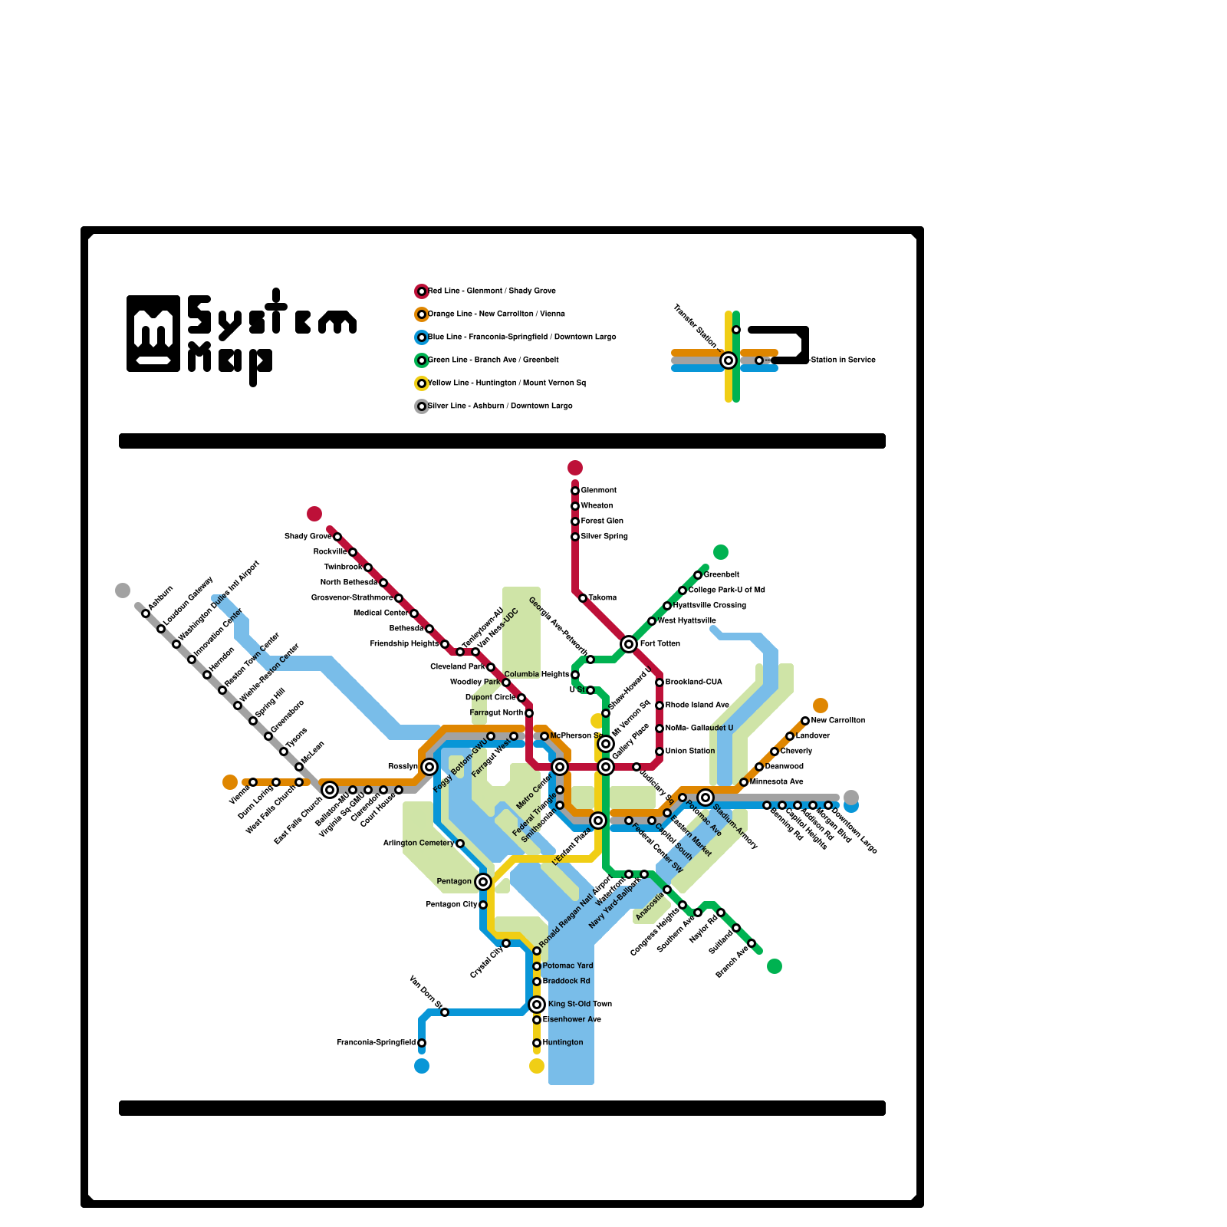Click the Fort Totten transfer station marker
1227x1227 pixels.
pyautogui.click(x=629, y=644)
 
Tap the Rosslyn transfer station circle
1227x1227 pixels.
pyautogui.click(x=429, y=767)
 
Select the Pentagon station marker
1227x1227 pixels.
pyautogui.click(x=483, y=882)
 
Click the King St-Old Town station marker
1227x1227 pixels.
pyautogui.click(x=537, y=1005)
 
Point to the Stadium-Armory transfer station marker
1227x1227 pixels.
pyautogui.click(x=706, y=798)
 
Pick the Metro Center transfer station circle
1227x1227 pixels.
pyautogui.click(x=560, y=767)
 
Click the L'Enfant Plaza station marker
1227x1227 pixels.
pyautogui.click(x=598, y=821)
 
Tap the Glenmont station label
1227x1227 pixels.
pyautogui.click(x=599, y=491)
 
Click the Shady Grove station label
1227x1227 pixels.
pyautogui.click(x=308, y=537)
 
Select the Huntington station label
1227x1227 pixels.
pyautogui.click(x=563, y=1043)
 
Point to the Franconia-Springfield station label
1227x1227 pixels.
pyautogui.click(x=376, y=1043)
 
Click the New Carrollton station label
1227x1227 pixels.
pyautogui.click(x=838, y=721)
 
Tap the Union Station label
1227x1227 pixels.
pyautogui.click(x=690, y=752)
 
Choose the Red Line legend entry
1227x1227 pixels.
pyautogui.click(x=492, y=291)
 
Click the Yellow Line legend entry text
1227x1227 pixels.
pyautogui.click(x=507, y=383)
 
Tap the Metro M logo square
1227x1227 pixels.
pyautogui.click(x=153, y=334)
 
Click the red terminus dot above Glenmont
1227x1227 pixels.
pyautogui.click(x=575, y=468)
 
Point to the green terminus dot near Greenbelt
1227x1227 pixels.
pyautogui.click(x=721, y=552)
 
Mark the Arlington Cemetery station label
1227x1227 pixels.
pyautogui.click(x=418, y=844)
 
